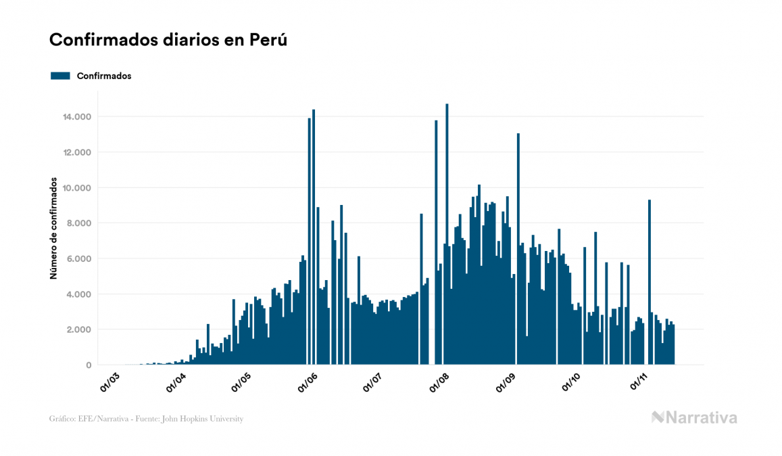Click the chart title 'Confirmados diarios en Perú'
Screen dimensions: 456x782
168,40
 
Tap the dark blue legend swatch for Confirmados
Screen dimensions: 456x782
60,76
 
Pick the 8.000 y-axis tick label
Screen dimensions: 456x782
80,223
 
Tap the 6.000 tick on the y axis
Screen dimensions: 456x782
80,259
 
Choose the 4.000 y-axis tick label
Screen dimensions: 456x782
80,294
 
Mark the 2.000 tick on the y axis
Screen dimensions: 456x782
80,329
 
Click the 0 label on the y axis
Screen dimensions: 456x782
89,365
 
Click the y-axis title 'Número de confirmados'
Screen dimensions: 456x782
53,231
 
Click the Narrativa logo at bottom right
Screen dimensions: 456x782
694,417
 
